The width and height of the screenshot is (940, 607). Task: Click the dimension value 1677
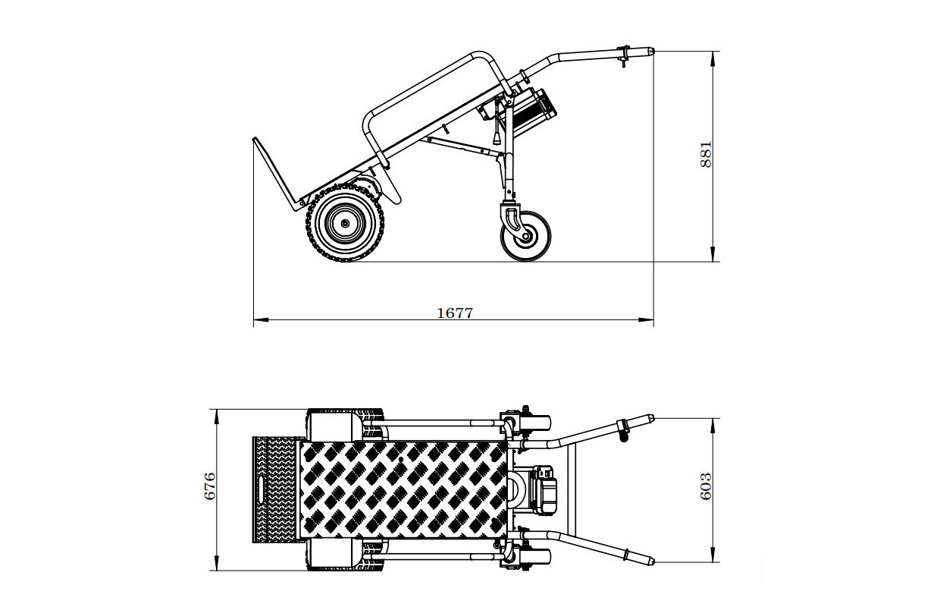[454, 312]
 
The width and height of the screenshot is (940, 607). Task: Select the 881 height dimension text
[706, 155]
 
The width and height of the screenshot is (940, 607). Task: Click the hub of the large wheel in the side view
[346, 224]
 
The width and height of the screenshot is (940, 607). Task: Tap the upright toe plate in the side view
[274, 174]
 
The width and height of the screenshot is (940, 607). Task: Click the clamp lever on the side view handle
[624, 57]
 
